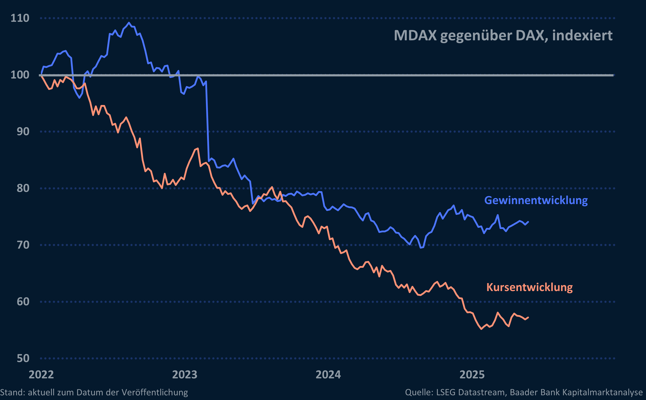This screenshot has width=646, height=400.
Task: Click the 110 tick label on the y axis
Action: (x=20, y=18)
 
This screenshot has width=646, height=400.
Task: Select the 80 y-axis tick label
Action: (x=23, y=188)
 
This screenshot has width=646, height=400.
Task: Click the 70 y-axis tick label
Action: (x=23, y=245)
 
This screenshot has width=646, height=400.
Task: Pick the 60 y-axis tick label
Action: (x=23, y=302)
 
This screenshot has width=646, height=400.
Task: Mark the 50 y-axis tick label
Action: (x=23, y=358)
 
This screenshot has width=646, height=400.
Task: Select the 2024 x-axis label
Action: (x=328, y=375)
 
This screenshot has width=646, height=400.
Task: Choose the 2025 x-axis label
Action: (x=472, y=375)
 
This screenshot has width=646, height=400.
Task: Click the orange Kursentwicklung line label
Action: (x=530, y=287)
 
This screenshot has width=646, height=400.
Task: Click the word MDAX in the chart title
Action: (x=415, y=35)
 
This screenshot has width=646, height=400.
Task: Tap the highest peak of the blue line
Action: (x=129, y=23)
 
